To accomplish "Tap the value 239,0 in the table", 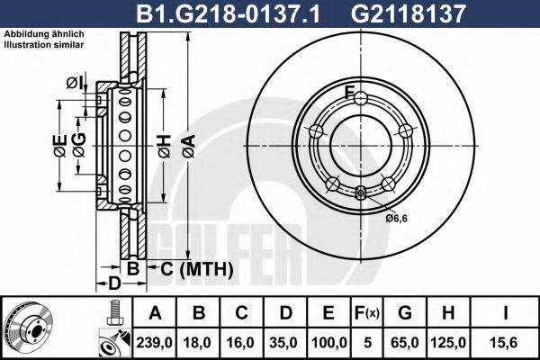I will (x=156, y=341).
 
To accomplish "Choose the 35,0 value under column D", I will (x=287, y=341).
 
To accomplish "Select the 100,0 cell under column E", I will (x=328, y=341).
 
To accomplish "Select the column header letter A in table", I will (x=156, y=314).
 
